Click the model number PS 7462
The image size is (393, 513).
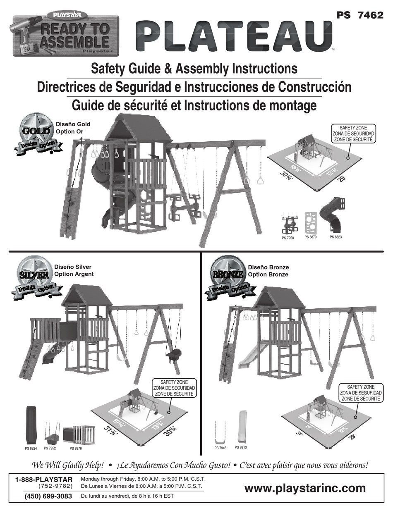(x=360, y=14)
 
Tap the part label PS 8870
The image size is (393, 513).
(x=310, y=237)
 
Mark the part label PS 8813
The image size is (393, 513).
(x=241, y=447)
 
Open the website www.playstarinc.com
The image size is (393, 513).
(x=305, y=488)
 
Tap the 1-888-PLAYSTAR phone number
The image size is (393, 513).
(x=43, y=479)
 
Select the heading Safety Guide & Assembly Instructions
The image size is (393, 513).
(x=194, y=68)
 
